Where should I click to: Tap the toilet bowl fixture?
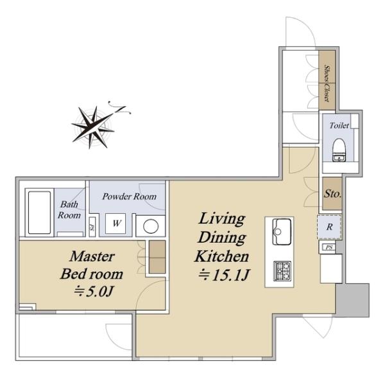tap(339, 150)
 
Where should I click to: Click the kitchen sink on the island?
tap(282, 231)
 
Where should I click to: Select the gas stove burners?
tap(282, 270)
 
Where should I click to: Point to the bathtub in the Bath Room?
tap(39, 213)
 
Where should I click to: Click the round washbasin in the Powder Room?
tap(151, 226)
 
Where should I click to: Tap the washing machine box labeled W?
tap(116, 224)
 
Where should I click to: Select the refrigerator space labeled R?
tap(329, 227)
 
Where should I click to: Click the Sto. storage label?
tap(332, 194)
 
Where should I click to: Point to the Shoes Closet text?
tap(327, 83)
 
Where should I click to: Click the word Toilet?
tap(339, 125)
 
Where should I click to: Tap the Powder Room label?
tap(130, 197)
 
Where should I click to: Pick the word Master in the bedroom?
tap(92, 256)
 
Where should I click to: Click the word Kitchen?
tap(222, 256)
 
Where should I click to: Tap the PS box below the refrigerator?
tap(329, 247)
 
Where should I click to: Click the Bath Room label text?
tap(69, 209)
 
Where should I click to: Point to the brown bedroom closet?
tap(157, 257)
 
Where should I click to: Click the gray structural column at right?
tap(352, 300)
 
